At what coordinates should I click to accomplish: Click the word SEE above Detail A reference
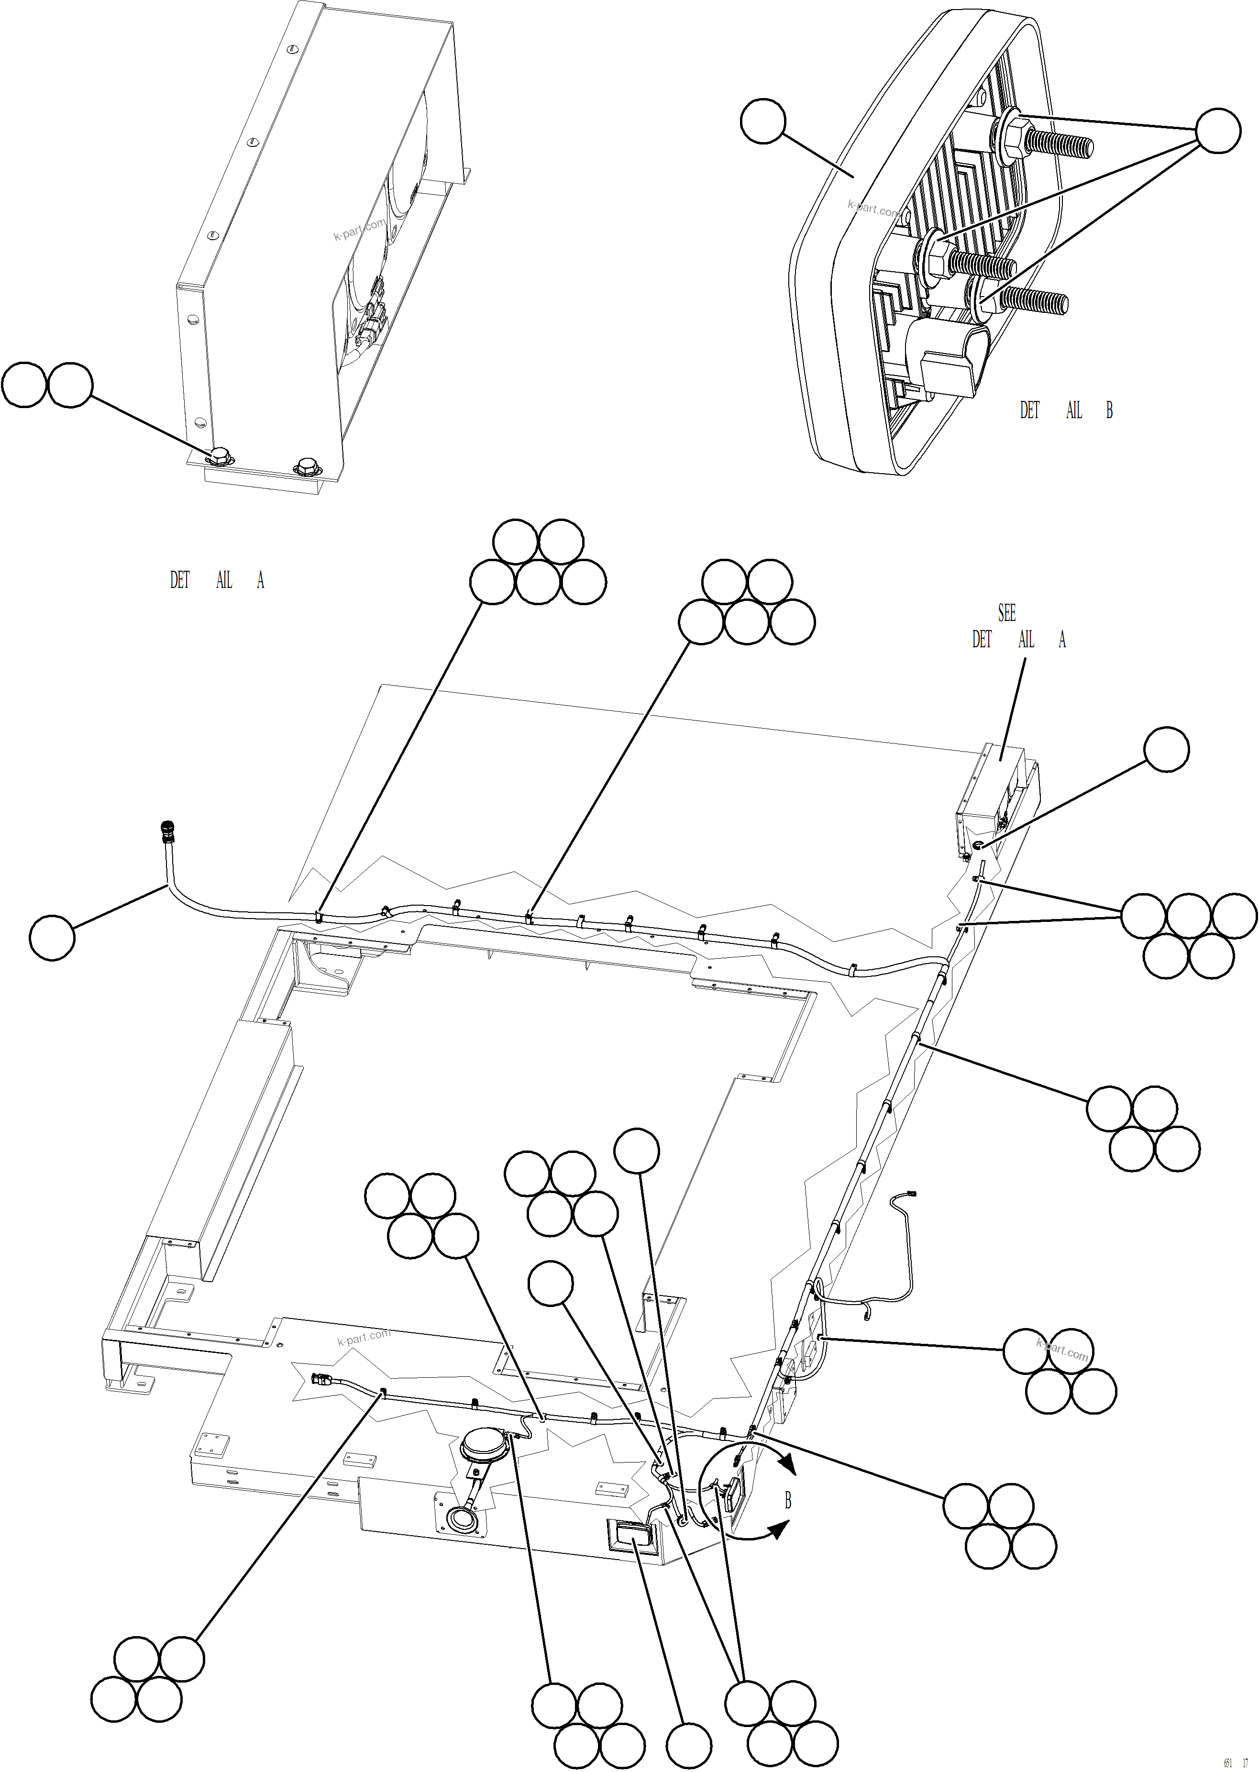click(x=1006, y=613)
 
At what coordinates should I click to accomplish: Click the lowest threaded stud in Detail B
click(x=1036, y=301)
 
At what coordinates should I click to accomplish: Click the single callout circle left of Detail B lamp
click(x=763, y=121)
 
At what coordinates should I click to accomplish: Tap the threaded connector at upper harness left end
click(x=166, y=832)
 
